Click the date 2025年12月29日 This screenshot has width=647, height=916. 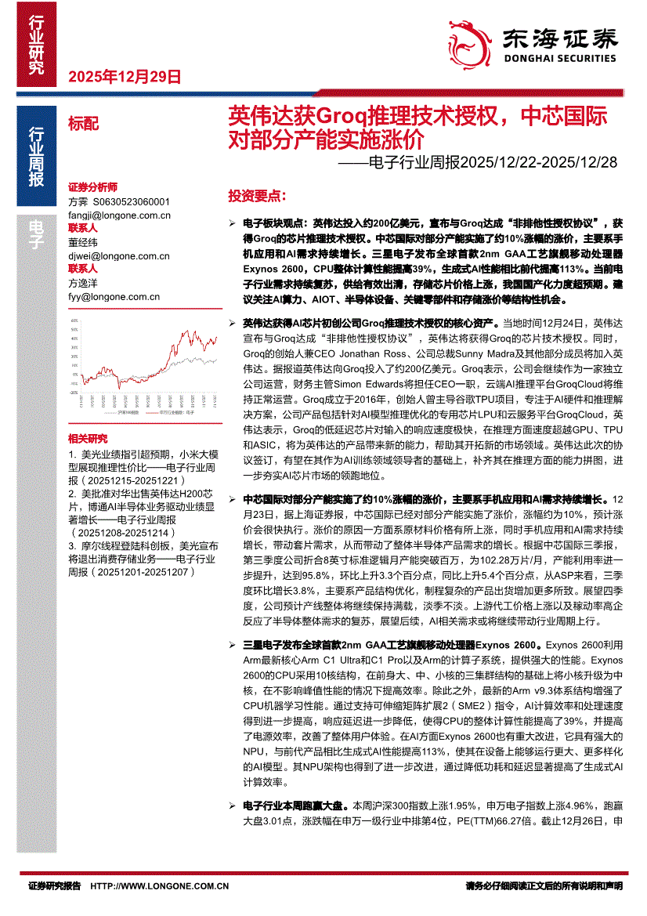125,77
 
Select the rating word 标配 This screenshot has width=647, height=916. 84,123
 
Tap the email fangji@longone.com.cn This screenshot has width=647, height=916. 119,215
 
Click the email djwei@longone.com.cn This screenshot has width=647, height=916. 119,255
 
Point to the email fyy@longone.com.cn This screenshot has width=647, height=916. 114,297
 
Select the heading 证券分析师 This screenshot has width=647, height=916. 92,188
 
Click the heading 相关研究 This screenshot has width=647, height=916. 88,438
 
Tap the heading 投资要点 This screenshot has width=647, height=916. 256,195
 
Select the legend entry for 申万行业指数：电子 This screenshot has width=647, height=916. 177,411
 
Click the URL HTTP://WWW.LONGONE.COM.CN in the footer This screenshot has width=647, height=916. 160,885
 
